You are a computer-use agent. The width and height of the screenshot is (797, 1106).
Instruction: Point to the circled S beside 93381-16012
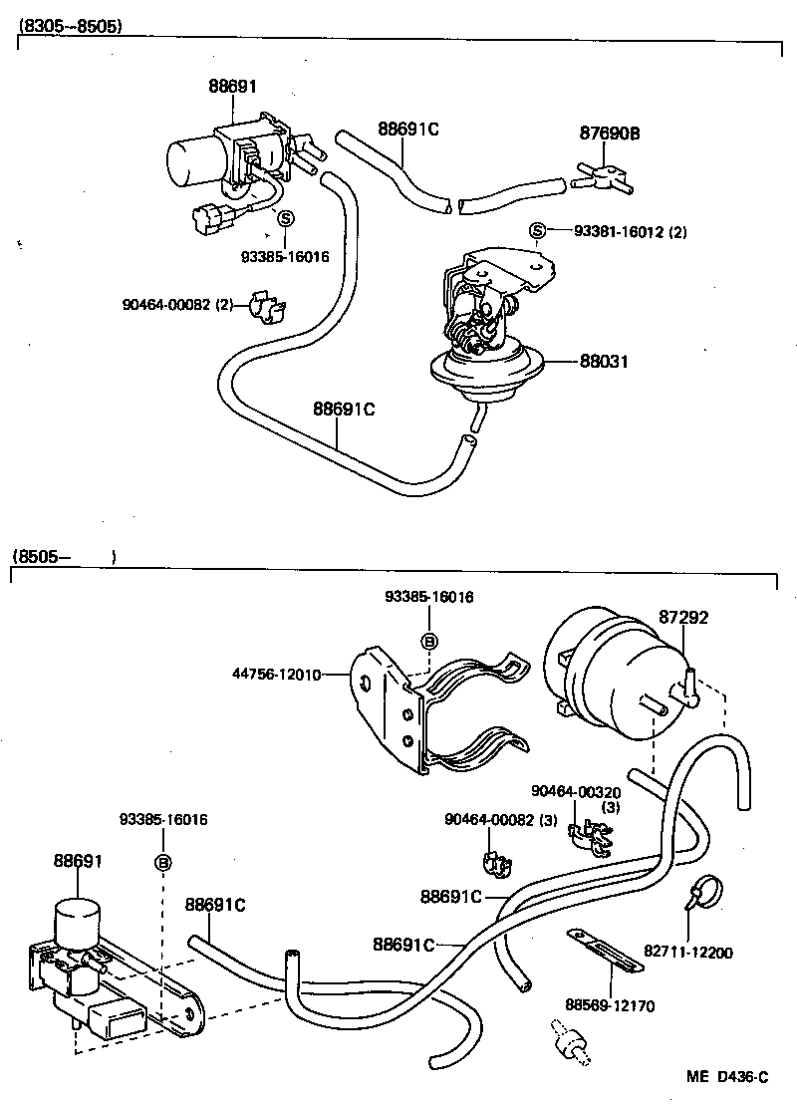pyautogui.click(x=537, y=232)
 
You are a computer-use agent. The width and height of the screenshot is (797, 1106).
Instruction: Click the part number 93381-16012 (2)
pyautogui.click(x=630, y=232)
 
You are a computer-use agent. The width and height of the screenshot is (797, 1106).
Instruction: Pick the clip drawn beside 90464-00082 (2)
pyautogui.click(x=265, y=306)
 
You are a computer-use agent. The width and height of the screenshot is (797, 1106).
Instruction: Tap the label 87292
pyautogui.click(x=683, y=618)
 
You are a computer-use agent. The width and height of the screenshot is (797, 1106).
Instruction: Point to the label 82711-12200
pyautogui.click(x=694, y=953)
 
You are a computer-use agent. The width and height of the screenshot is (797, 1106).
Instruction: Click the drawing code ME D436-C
pyautogui.click(x=726, y=1077)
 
